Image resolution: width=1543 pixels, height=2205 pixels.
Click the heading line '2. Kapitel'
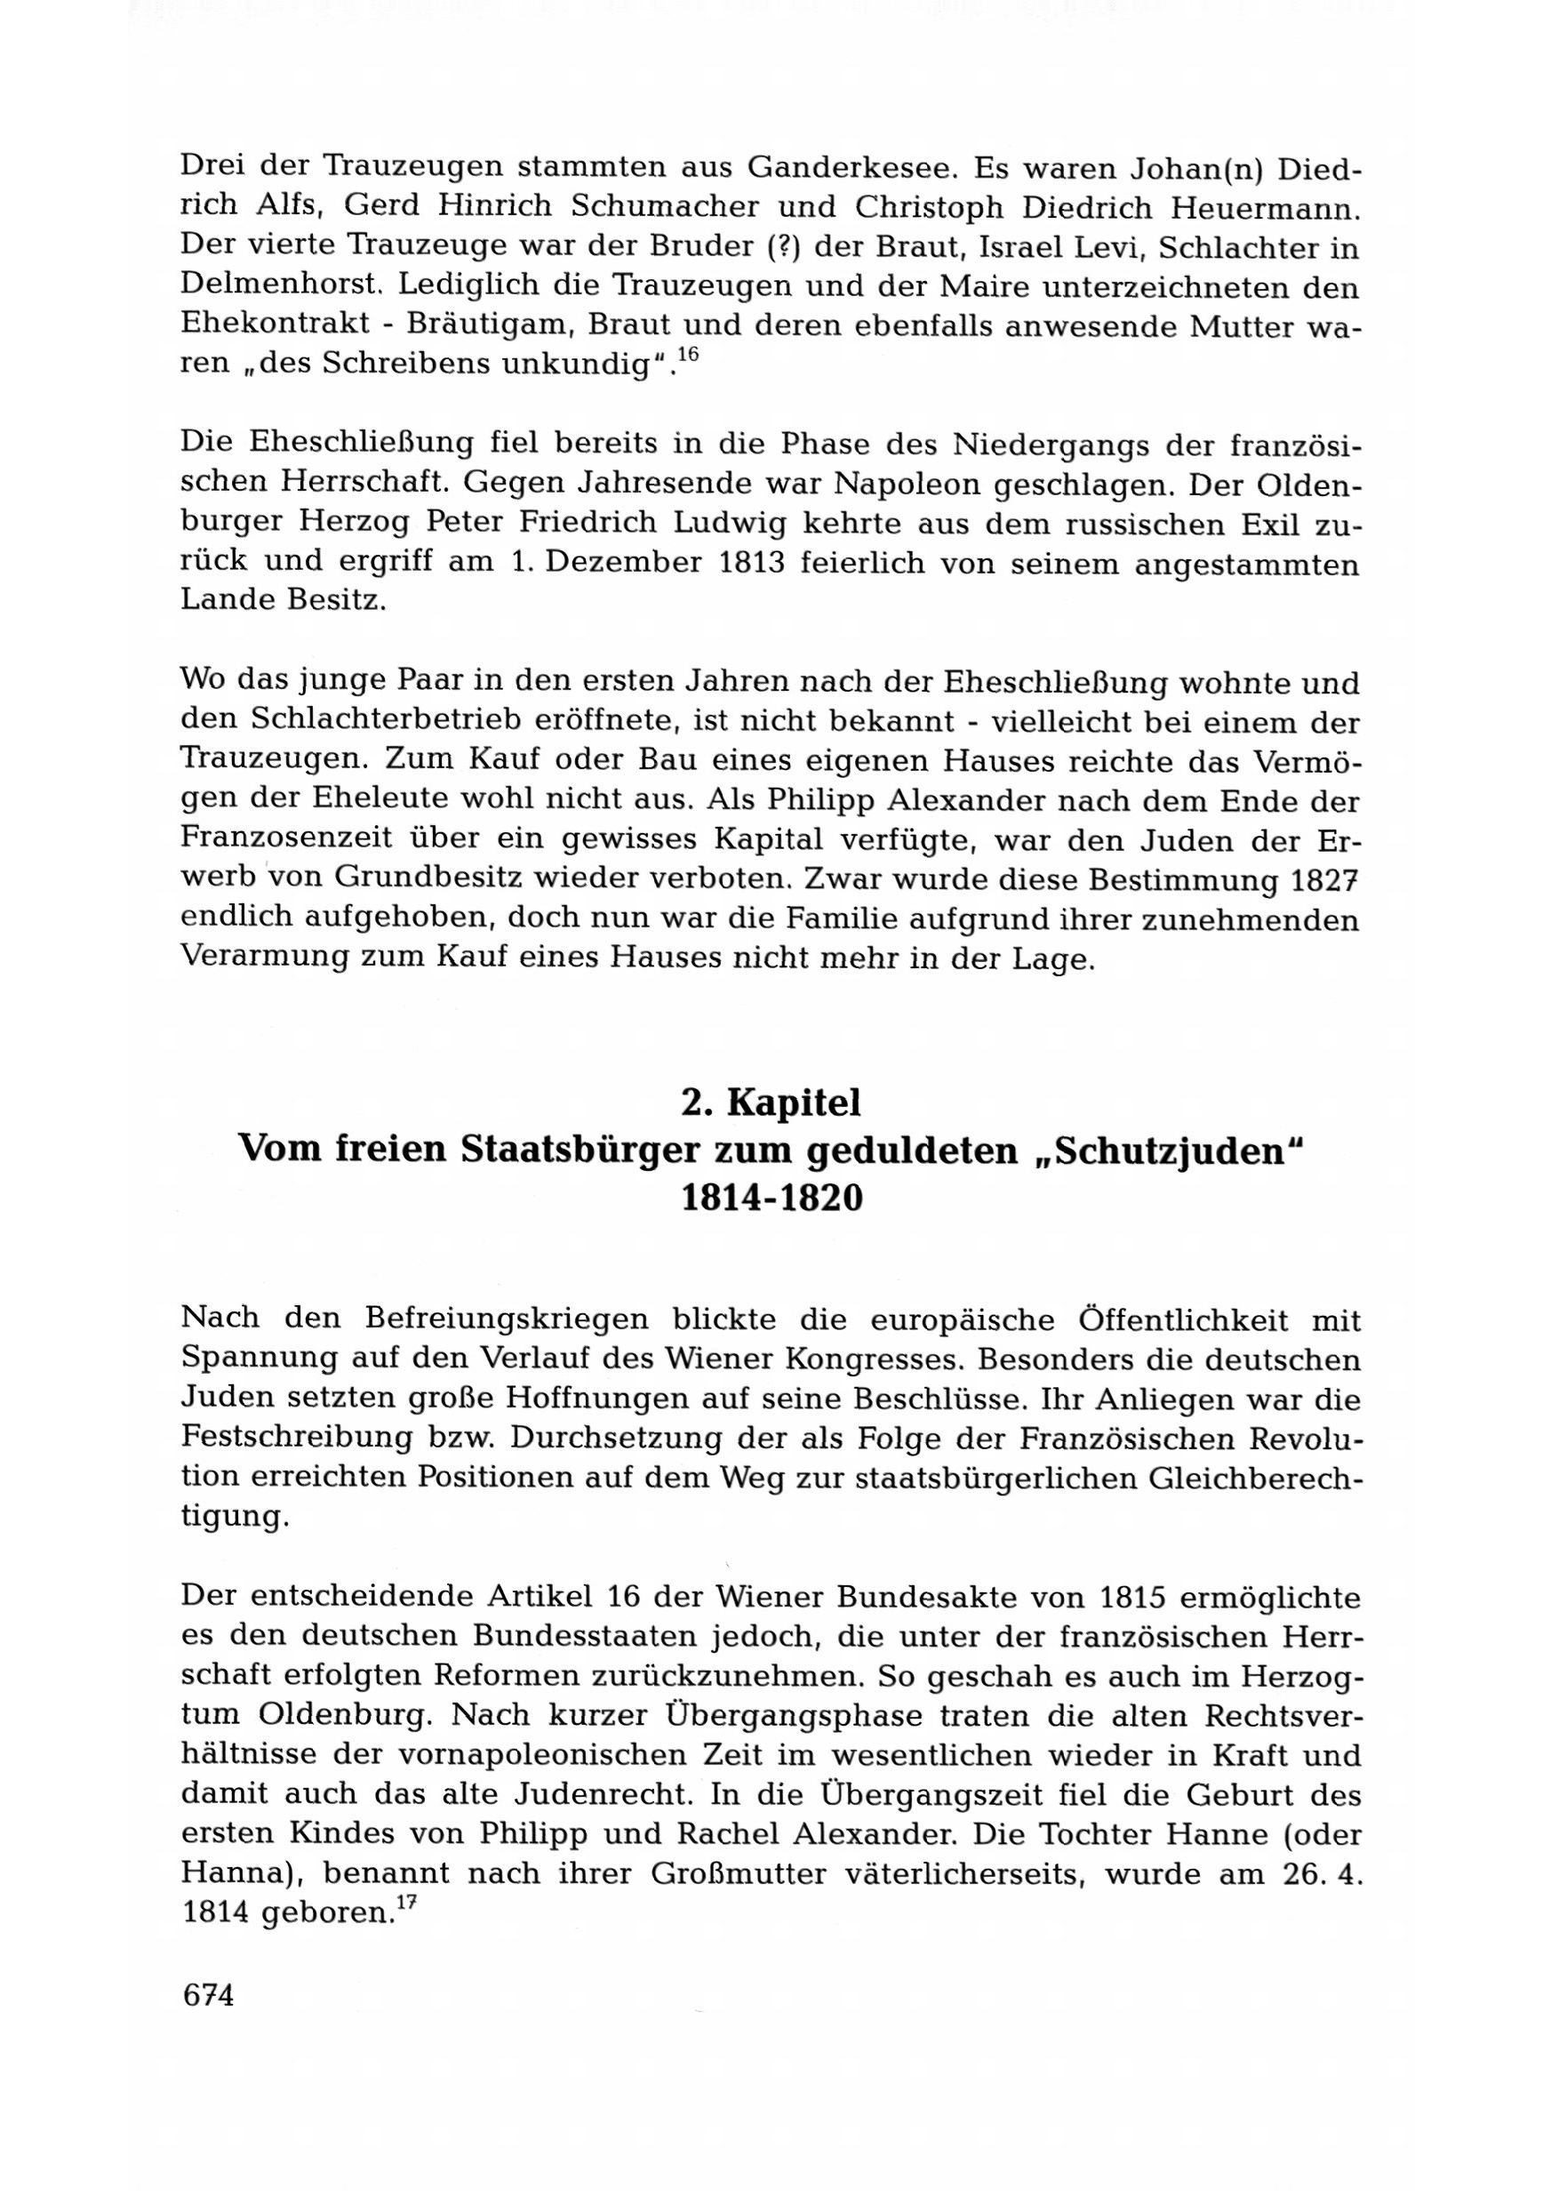(x=771, y=1103)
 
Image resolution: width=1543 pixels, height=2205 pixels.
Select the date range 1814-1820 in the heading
(x=771, y=1198)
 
